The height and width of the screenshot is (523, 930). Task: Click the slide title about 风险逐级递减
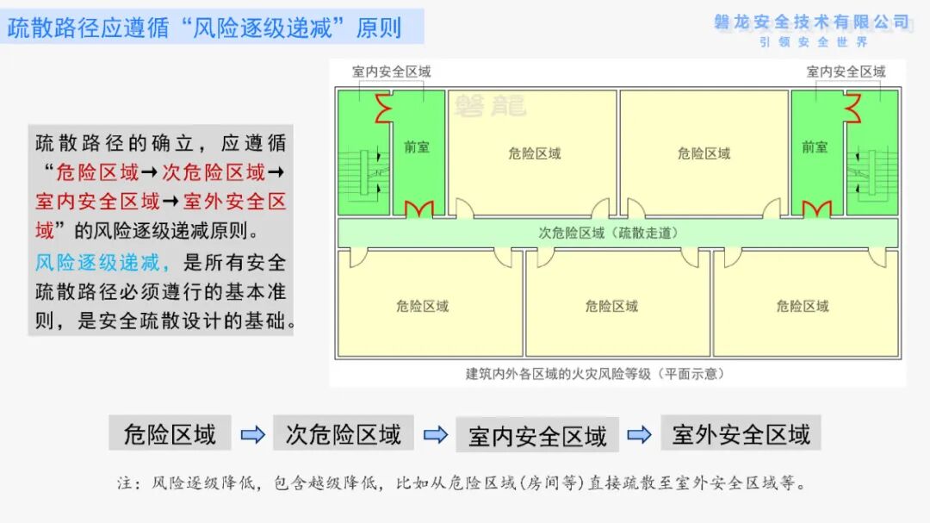pos(205,28)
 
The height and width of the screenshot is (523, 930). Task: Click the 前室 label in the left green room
pos(417,146)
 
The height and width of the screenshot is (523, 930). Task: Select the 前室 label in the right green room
pos(815,146)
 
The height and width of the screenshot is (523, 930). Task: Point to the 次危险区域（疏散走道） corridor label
pos(608,233)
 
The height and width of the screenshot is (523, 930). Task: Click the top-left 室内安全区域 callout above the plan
pos(392,72)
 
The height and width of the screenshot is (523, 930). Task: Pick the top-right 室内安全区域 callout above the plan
pos(846,72)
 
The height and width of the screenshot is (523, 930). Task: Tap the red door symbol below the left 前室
pos(419,209)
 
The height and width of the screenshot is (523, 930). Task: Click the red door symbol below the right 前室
pos(816,209)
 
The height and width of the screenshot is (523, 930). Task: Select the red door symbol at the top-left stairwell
pos(383,108)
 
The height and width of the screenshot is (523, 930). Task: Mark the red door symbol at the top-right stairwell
pos(852,108)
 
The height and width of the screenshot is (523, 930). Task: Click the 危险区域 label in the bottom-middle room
pos(611,307)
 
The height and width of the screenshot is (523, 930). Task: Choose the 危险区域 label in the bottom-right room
pos(803,307)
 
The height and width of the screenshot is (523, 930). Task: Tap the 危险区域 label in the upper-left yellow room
pos(535,153)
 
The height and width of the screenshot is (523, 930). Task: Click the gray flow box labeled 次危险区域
pos(344,433)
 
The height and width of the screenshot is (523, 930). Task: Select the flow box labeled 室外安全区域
pos(741,433)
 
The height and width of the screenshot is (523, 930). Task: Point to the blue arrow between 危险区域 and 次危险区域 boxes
pos(252,434)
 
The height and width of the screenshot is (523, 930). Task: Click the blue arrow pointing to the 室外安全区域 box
pos(639,434)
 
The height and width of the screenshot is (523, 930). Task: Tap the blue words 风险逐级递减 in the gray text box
pos(97,263)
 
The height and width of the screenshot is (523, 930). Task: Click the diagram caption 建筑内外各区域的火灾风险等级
pos(557,374)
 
